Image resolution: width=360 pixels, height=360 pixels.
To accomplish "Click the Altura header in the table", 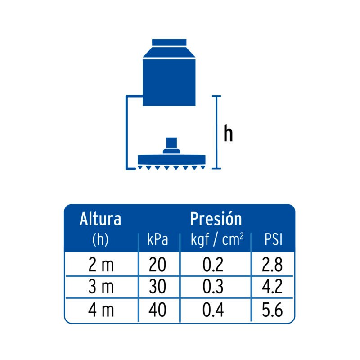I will [100, 220].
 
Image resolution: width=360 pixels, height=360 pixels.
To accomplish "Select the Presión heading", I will [216, 219].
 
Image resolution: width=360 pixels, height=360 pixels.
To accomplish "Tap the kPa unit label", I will [157, 240].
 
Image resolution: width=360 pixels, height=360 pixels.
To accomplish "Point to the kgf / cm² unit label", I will [217, 239].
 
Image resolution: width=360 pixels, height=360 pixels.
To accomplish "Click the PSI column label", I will [273, 240].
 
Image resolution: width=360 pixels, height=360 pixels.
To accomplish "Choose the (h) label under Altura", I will [100, 240].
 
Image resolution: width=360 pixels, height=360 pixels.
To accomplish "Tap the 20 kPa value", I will [157, 265].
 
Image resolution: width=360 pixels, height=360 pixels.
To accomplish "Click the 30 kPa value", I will [157, 287].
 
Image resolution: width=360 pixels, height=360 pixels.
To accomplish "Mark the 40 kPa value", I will [157, 310].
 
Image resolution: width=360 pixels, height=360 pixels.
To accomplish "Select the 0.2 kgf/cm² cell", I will [213, 265].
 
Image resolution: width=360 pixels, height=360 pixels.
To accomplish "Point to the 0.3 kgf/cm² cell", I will [213, 287].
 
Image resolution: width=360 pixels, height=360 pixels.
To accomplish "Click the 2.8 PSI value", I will [272, 265].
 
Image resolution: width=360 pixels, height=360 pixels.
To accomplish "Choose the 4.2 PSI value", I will [272, 287].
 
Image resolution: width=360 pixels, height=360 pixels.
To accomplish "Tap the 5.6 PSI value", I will [272, 310].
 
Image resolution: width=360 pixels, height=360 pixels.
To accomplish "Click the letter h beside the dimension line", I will [229, 134].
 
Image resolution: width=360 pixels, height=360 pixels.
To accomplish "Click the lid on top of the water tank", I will [169, 43].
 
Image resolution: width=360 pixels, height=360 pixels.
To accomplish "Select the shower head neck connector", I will [171, 145].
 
